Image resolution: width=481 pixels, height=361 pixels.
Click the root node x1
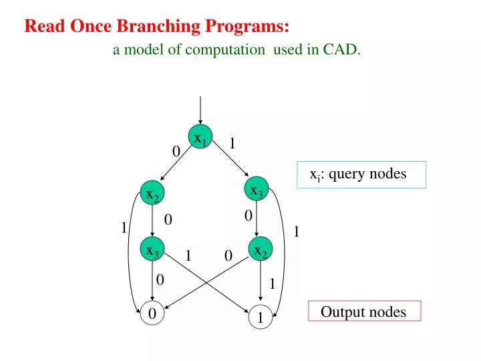(x=200, y=138)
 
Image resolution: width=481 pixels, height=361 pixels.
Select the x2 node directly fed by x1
(x=152, y=195)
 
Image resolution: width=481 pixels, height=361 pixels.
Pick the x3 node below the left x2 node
(x=152, y=251)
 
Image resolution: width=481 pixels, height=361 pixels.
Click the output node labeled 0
(x=152, y=314)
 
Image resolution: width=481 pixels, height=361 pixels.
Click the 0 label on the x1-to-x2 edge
(x=176, y=152)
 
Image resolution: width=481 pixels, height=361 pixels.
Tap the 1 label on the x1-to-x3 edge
(x=232, y=143)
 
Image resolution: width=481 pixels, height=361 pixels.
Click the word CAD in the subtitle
(x=341, y=49)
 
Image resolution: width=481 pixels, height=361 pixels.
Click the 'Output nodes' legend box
(x=364, y=312)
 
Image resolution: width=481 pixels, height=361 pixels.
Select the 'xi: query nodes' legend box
(x=361, y=174)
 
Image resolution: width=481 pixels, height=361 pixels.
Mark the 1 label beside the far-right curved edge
(x=297, y=231)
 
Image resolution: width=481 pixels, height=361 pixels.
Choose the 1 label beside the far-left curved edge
(x=124, y=228)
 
